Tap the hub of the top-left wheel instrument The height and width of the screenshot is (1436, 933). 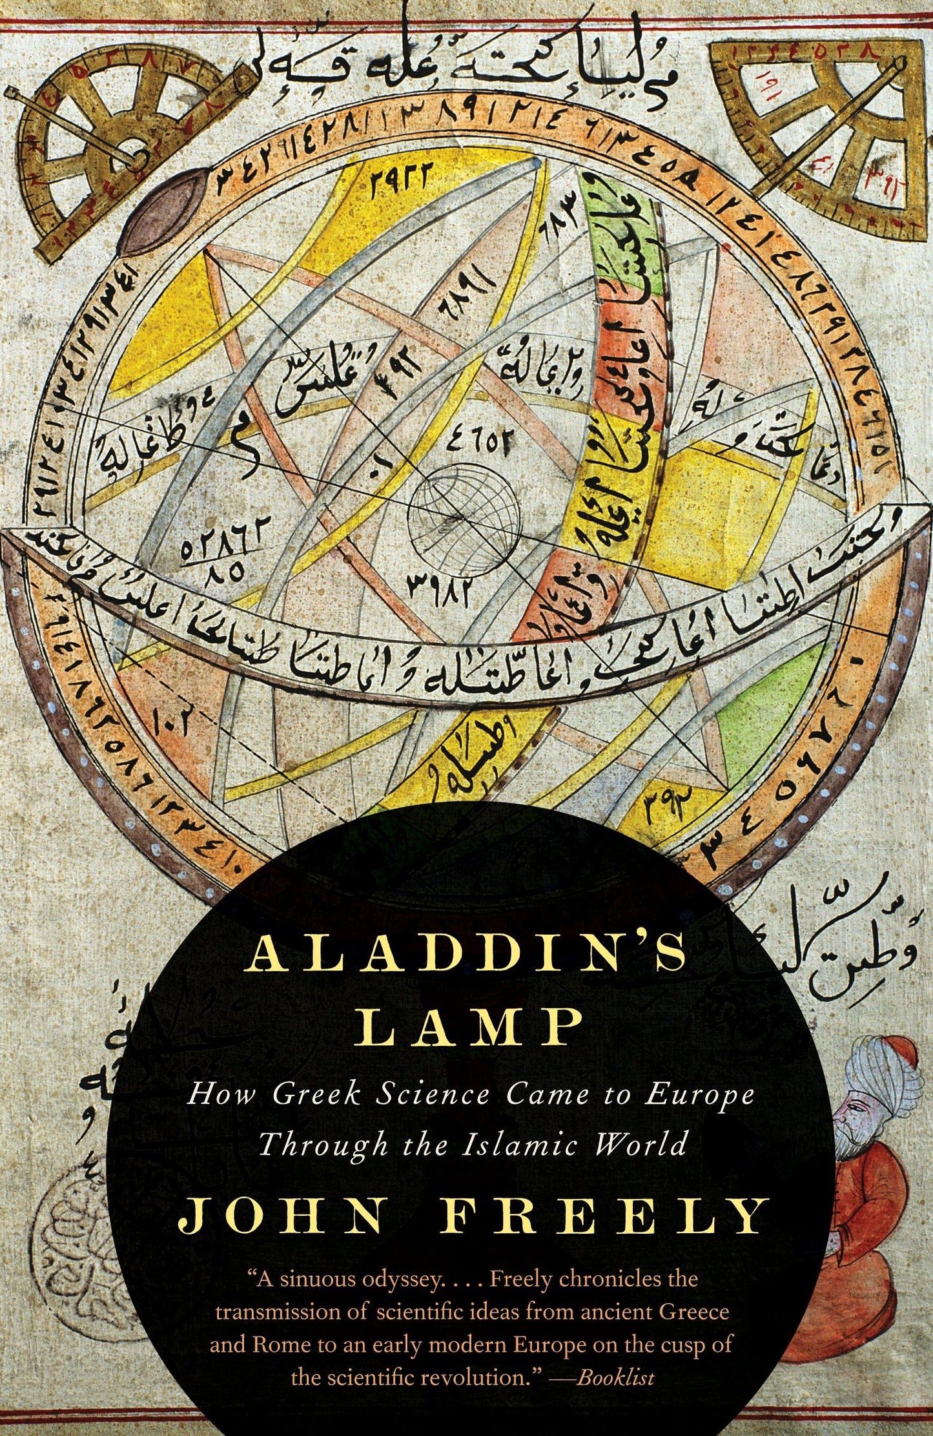136,154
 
